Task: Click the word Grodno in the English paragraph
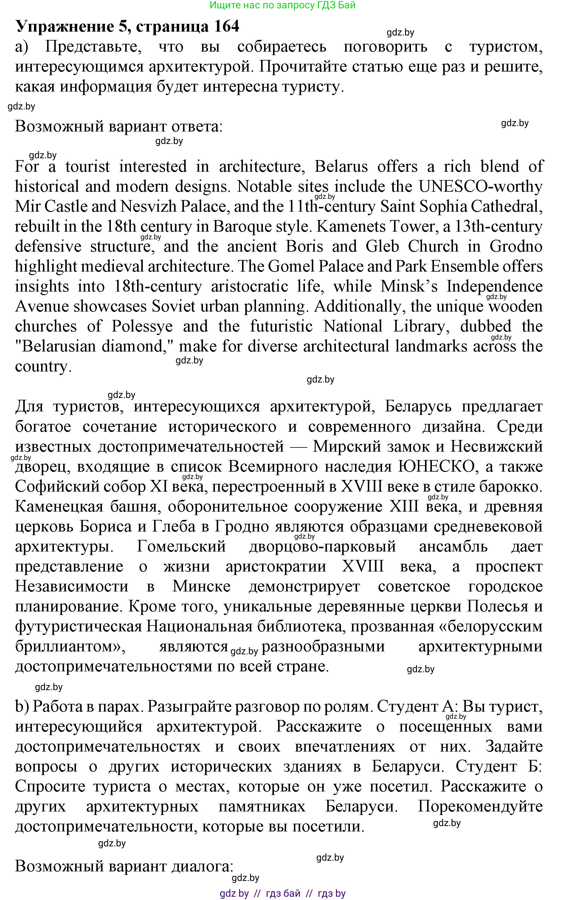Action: point(516,246)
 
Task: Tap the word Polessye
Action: point(142,326)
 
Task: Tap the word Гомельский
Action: point(181,546)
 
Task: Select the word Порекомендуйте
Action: point(480,806)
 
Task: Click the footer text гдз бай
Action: point(283,893)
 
